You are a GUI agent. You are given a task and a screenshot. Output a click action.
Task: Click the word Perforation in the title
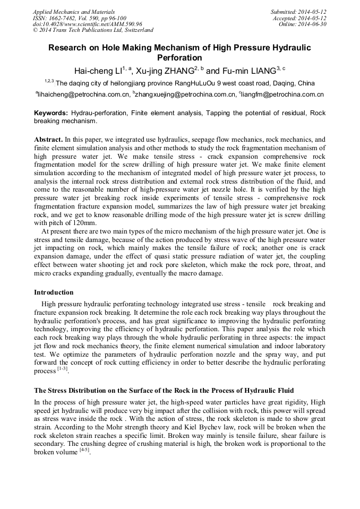coord(179,57)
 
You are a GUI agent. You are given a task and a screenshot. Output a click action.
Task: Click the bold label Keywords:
coord(51,113)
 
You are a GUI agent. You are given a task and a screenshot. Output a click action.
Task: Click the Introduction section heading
coord(54,292)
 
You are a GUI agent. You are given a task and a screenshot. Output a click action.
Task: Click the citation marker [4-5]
coord(84,451)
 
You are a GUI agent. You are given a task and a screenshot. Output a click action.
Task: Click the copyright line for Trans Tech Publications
coord(93,30)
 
